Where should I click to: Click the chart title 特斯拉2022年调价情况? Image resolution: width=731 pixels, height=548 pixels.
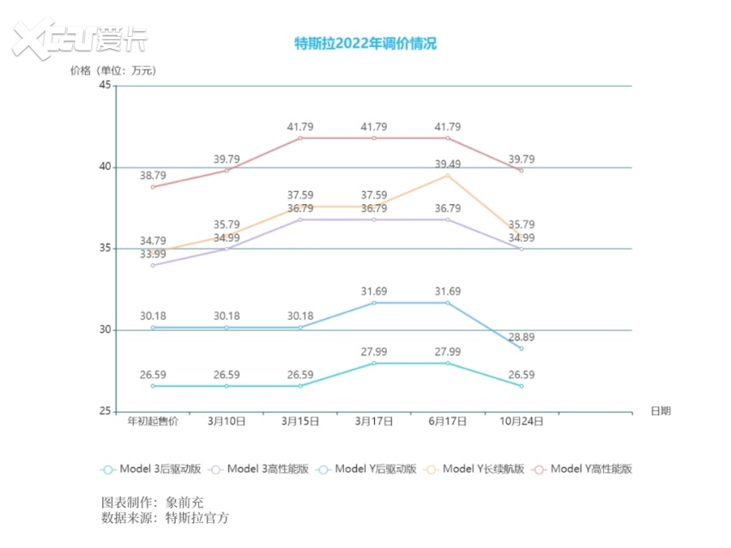365,44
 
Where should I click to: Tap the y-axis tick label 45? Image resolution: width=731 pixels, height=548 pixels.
106,86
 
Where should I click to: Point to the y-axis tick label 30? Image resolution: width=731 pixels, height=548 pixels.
106,330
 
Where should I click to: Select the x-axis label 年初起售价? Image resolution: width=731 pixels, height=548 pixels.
153,421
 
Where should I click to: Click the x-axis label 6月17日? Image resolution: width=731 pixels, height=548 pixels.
447,421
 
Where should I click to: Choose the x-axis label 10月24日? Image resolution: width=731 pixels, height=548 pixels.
521,421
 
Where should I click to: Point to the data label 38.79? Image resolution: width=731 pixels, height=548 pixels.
153,176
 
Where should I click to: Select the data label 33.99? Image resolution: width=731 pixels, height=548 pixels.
153,254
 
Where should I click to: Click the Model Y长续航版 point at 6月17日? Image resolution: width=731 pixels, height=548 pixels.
447,176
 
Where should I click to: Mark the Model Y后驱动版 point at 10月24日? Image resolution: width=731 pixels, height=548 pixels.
521,348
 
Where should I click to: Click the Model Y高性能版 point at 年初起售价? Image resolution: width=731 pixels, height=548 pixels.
153,187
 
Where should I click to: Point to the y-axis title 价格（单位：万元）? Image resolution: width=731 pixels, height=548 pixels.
113,70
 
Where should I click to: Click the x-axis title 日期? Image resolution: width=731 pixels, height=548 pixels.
661,411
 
